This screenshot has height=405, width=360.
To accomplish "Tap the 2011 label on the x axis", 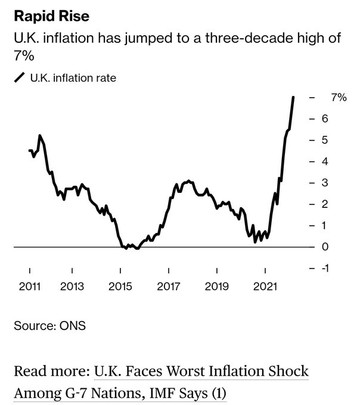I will pyautogui.click(x=29, y=286).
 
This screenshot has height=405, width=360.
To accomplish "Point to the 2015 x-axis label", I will pyautogui.click(x=120, y=286).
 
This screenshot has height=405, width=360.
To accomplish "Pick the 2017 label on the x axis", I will pyautogui.click(x=169, y=286).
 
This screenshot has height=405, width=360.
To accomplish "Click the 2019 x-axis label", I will pyautogui.click(x=217, y=286).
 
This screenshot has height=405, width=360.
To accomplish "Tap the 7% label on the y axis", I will pyautogui.click(x=338, y=97).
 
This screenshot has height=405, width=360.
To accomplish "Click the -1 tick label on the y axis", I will pyautogui.click(x=326, y=268).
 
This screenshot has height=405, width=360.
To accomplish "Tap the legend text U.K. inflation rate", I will pyautogui.click(x=73, y=78).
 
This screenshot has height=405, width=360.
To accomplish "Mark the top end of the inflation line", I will pyautogui.click(x=293, y=97).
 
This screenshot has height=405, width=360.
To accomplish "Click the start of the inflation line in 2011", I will pyautogui.click(x=29, y=150).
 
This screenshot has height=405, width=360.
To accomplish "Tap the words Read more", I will pyautogui.click(x=51, y=372).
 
